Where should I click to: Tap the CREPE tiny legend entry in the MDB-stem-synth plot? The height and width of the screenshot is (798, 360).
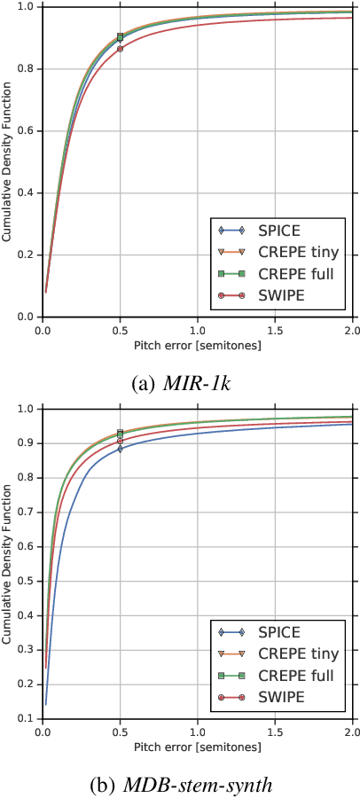point(273,654)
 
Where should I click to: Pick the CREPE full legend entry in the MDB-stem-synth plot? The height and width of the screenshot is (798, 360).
point(273,677)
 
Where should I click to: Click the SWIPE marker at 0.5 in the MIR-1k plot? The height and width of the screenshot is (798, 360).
point(120,49)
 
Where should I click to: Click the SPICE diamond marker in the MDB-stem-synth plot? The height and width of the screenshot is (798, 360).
point(120,448)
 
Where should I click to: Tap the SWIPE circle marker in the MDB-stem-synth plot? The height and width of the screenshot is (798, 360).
point(120,441)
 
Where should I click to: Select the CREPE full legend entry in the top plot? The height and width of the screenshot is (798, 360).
point(273,273)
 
